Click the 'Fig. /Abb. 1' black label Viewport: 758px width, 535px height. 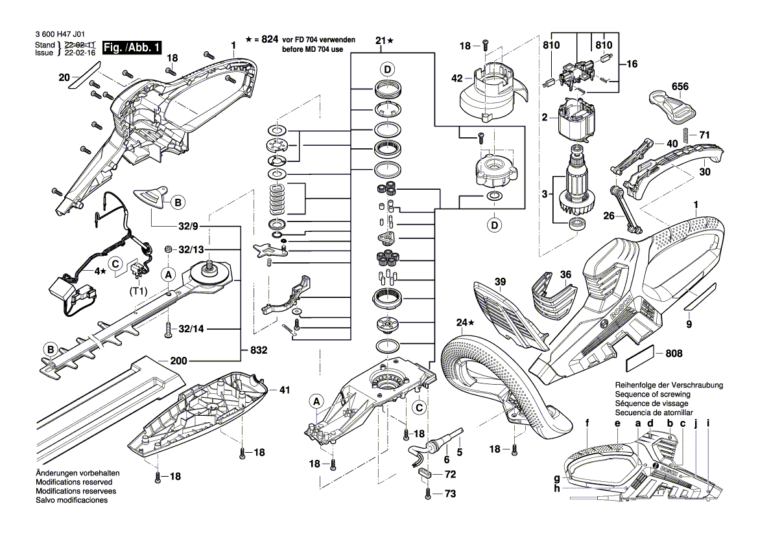pos(131,48)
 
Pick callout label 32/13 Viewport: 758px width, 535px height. pos(191,250)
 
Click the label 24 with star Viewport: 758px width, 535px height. pos(462,322)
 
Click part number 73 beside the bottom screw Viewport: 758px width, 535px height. pos(449,494)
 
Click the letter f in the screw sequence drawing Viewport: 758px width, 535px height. pos(587,424)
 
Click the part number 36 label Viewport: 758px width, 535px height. pos(565,275)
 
